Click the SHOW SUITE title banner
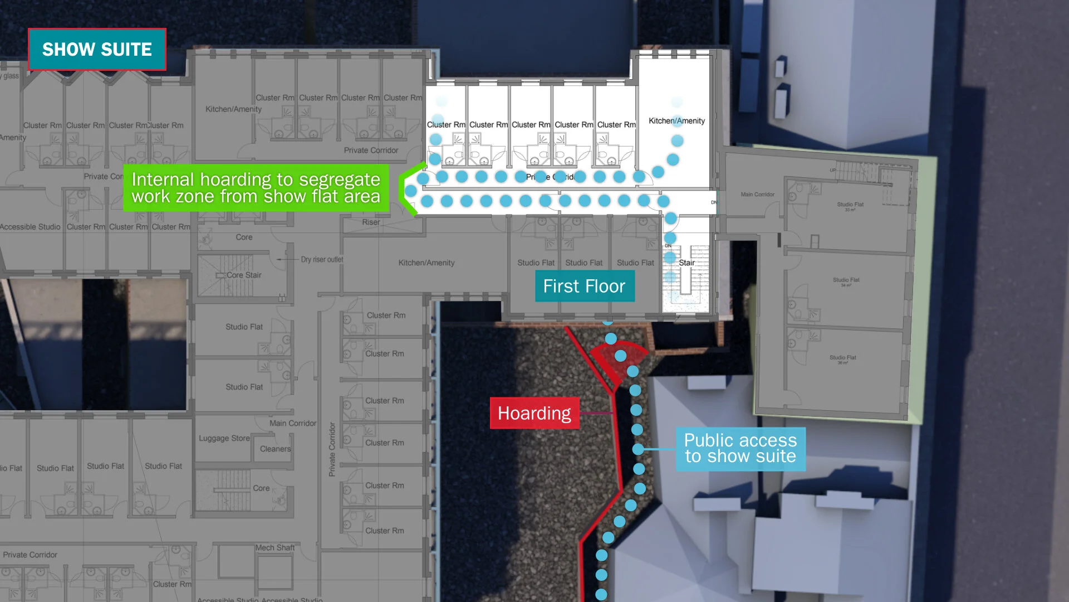[x=97, y=49]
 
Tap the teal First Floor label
[x=584, y=286]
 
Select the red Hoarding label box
[x=534, y=413]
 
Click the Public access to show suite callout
[x=740, y=449]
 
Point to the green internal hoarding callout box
[x=256, y=188]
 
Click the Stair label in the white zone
[x=686, y=263]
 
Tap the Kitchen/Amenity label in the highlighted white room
[x=676, y=120]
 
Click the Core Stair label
[x=243, y=275]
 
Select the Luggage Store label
[x=224, y=438]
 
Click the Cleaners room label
[x=275, y=449]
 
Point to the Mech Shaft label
[x=275, y=547]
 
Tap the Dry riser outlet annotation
[x=322, y=259]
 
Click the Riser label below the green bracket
[x=371, y=222]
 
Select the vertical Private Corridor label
[x=332, y=449]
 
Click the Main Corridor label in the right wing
[x=757, y=195]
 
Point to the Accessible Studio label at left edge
[x=30, y=227]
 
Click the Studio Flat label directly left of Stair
[x=635, y=263]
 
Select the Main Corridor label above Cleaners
[x=292, y=423]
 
